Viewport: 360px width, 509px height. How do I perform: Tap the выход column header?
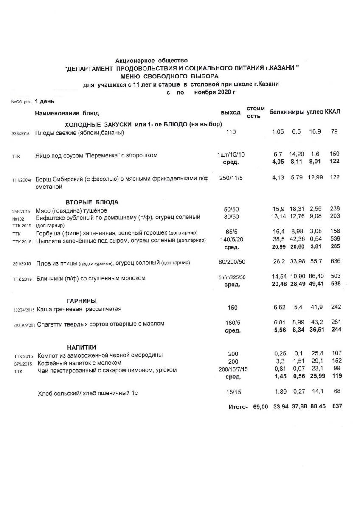(x=231, y=112)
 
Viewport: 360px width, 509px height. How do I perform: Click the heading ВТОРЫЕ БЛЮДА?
(x=92, y=202)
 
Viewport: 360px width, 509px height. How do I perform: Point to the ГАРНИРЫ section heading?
(x=81, y=300)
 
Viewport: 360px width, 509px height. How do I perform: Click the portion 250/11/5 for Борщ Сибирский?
(x=231, y=178)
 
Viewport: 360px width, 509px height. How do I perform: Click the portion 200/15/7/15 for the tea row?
(x=233, y=369)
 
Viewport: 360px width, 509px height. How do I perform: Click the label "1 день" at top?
(x=45, y=101)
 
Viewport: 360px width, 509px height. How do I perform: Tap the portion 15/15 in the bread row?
(x=231, y=392)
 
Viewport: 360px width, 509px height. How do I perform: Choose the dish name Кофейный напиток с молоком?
(x=79, y=363)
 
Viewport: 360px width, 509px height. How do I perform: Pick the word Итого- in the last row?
(x=238, y=407)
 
